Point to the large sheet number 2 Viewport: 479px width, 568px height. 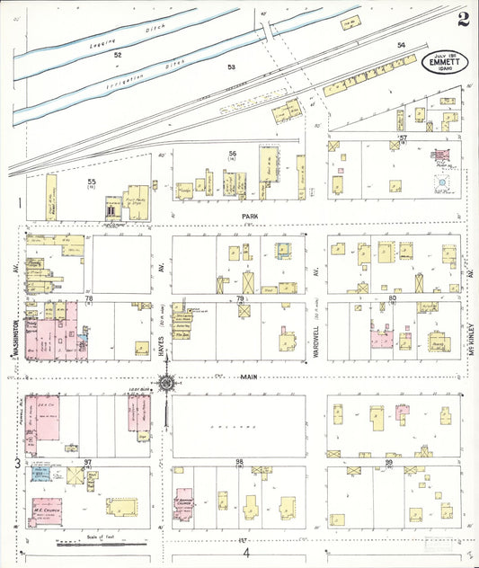pyautogui.click(x=462, y=19)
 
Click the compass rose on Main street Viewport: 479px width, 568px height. pyautogui.click(x=167, y=385)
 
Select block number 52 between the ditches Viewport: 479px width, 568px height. pyautogui.click(x=117, y=55)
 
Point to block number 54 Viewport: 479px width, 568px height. pyautogui.click(x=401, y=45)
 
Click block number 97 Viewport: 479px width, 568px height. pyautogui.click(x=88, y=461)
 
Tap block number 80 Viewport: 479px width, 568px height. pyautogui.click(x=393, y=297)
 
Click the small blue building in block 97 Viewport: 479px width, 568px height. pyautogui.click(x=39, y=473)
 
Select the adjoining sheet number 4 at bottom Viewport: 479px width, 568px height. pyautogui.click(x=243, y=554)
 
